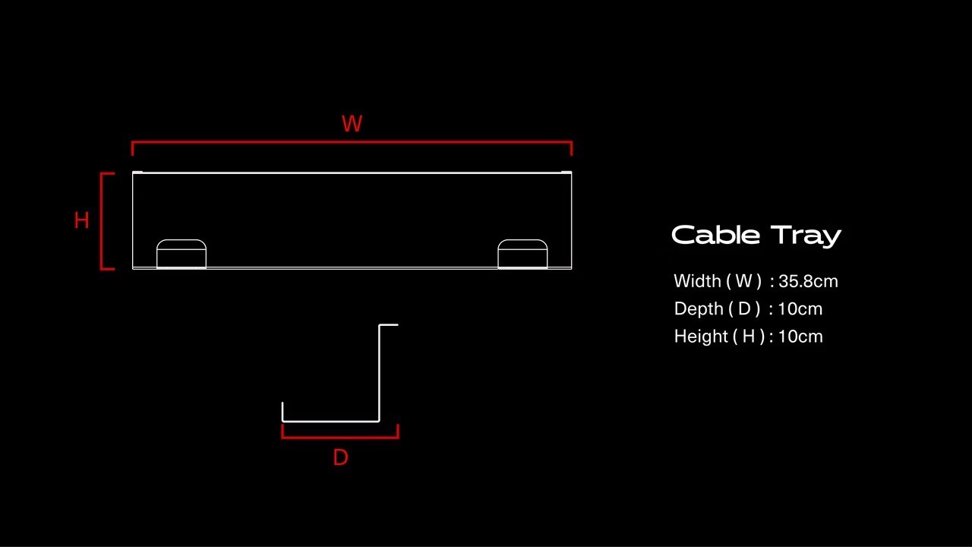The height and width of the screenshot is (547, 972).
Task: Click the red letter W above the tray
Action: click(352, 124)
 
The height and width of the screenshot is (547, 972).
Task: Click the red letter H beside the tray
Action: click(81, 220)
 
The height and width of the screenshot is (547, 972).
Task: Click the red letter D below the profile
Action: click(340, 457)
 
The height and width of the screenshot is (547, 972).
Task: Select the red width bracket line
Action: click(352, 142)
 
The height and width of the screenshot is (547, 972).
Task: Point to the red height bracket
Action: click(102, 220)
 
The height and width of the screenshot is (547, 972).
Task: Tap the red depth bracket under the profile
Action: click(340, 437)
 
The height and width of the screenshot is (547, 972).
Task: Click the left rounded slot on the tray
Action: click(181, 254)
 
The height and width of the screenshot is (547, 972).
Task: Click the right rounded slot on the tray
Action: click(522, 254)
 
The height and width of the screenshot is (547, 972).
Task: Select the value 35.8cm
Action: click(808, 281)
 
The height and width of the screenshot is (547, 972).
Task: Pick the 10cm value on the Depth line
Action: click(800, 308)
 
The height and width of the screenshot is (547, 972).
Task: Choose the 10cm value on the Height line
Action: click(800, 336)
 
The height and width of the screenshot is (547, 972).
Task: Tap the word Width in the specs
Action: click(697, 281)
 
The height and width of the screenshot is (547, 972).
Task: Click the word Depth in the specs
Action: click(698, 308)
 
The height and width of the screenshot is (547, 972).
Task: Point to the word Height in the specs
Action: click(699, 336)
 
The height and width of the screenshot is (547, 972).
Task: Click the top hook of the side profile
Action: click(389, 325)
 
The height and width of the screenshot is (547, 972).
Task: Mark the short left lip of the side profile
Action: click(282, 411)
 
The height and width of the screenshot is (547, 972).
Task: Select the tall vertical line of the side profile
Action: click(379, 372)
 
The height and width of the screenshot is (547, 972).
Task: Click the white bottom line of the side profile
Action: click(330, 420)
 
